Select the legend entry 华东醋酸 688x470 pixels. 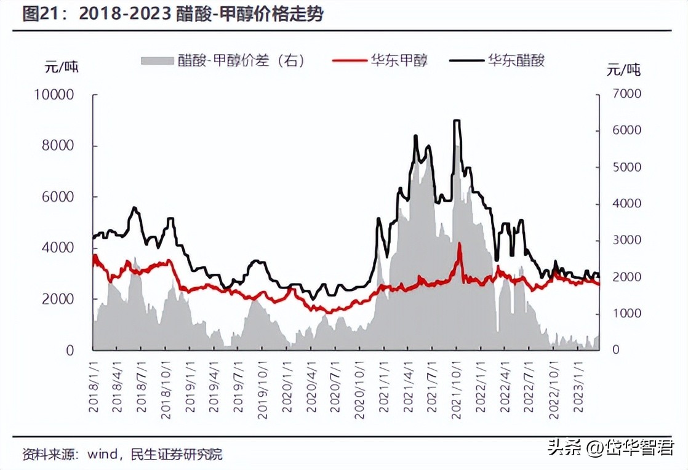(516, 60)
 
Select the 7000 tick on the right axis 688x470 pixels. (624, 94)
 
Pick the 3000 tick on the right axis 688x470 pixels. (624, 240)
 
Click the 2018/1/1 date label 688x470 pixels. (93, 388)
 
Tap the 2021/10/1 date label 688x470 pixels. (456, 388)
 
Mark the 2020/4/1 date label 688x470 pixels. (311, 388)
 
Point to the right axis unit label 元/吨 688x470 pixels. (623, 70)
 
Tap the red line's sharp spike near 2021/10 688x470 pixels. (459, 244)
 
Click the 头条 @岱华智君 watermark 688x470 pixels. (610, 447)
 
